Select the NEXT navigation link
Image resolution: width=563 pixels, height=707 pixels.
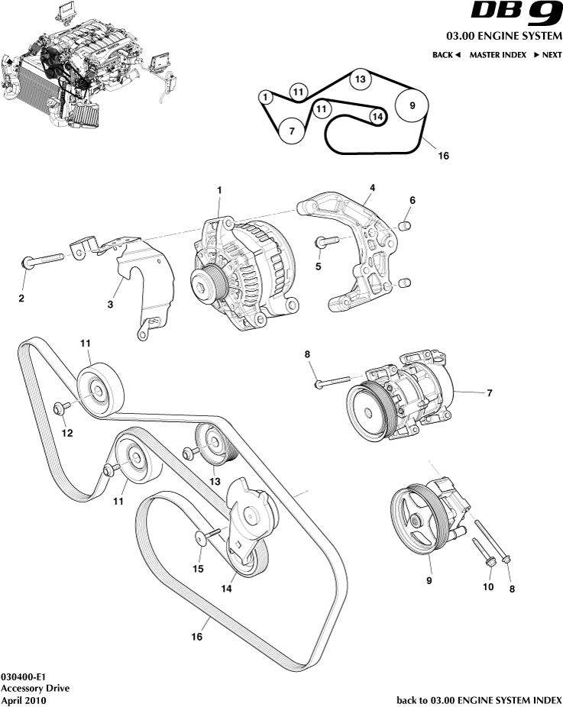(547, 55)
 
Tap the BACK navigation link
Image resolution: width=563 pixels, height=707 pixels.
(446, 55)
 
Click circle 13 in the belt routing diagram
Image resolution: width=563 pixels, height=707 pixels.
(361, 79)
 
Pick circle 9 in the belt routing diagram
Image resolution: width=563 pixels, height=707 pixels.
(412, 105)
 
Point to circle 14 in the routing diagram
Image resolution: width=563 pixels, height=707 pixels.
(377, 116)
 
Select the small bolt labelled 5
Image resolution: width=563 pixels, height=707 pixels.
(327, 242)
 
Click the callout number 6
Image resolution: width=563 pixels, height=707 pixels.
(412, 200)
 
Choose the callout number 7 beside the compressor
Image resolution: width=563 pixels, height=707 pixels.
(489, 393)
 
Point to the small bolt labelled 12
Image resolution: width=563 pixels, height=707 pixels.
(62, 408)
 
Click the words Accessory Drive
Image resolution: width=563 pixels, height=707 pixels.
(35, 688)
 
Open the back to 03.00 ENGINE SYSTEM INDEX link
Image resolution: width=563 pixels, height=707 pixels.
(479, 699)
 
